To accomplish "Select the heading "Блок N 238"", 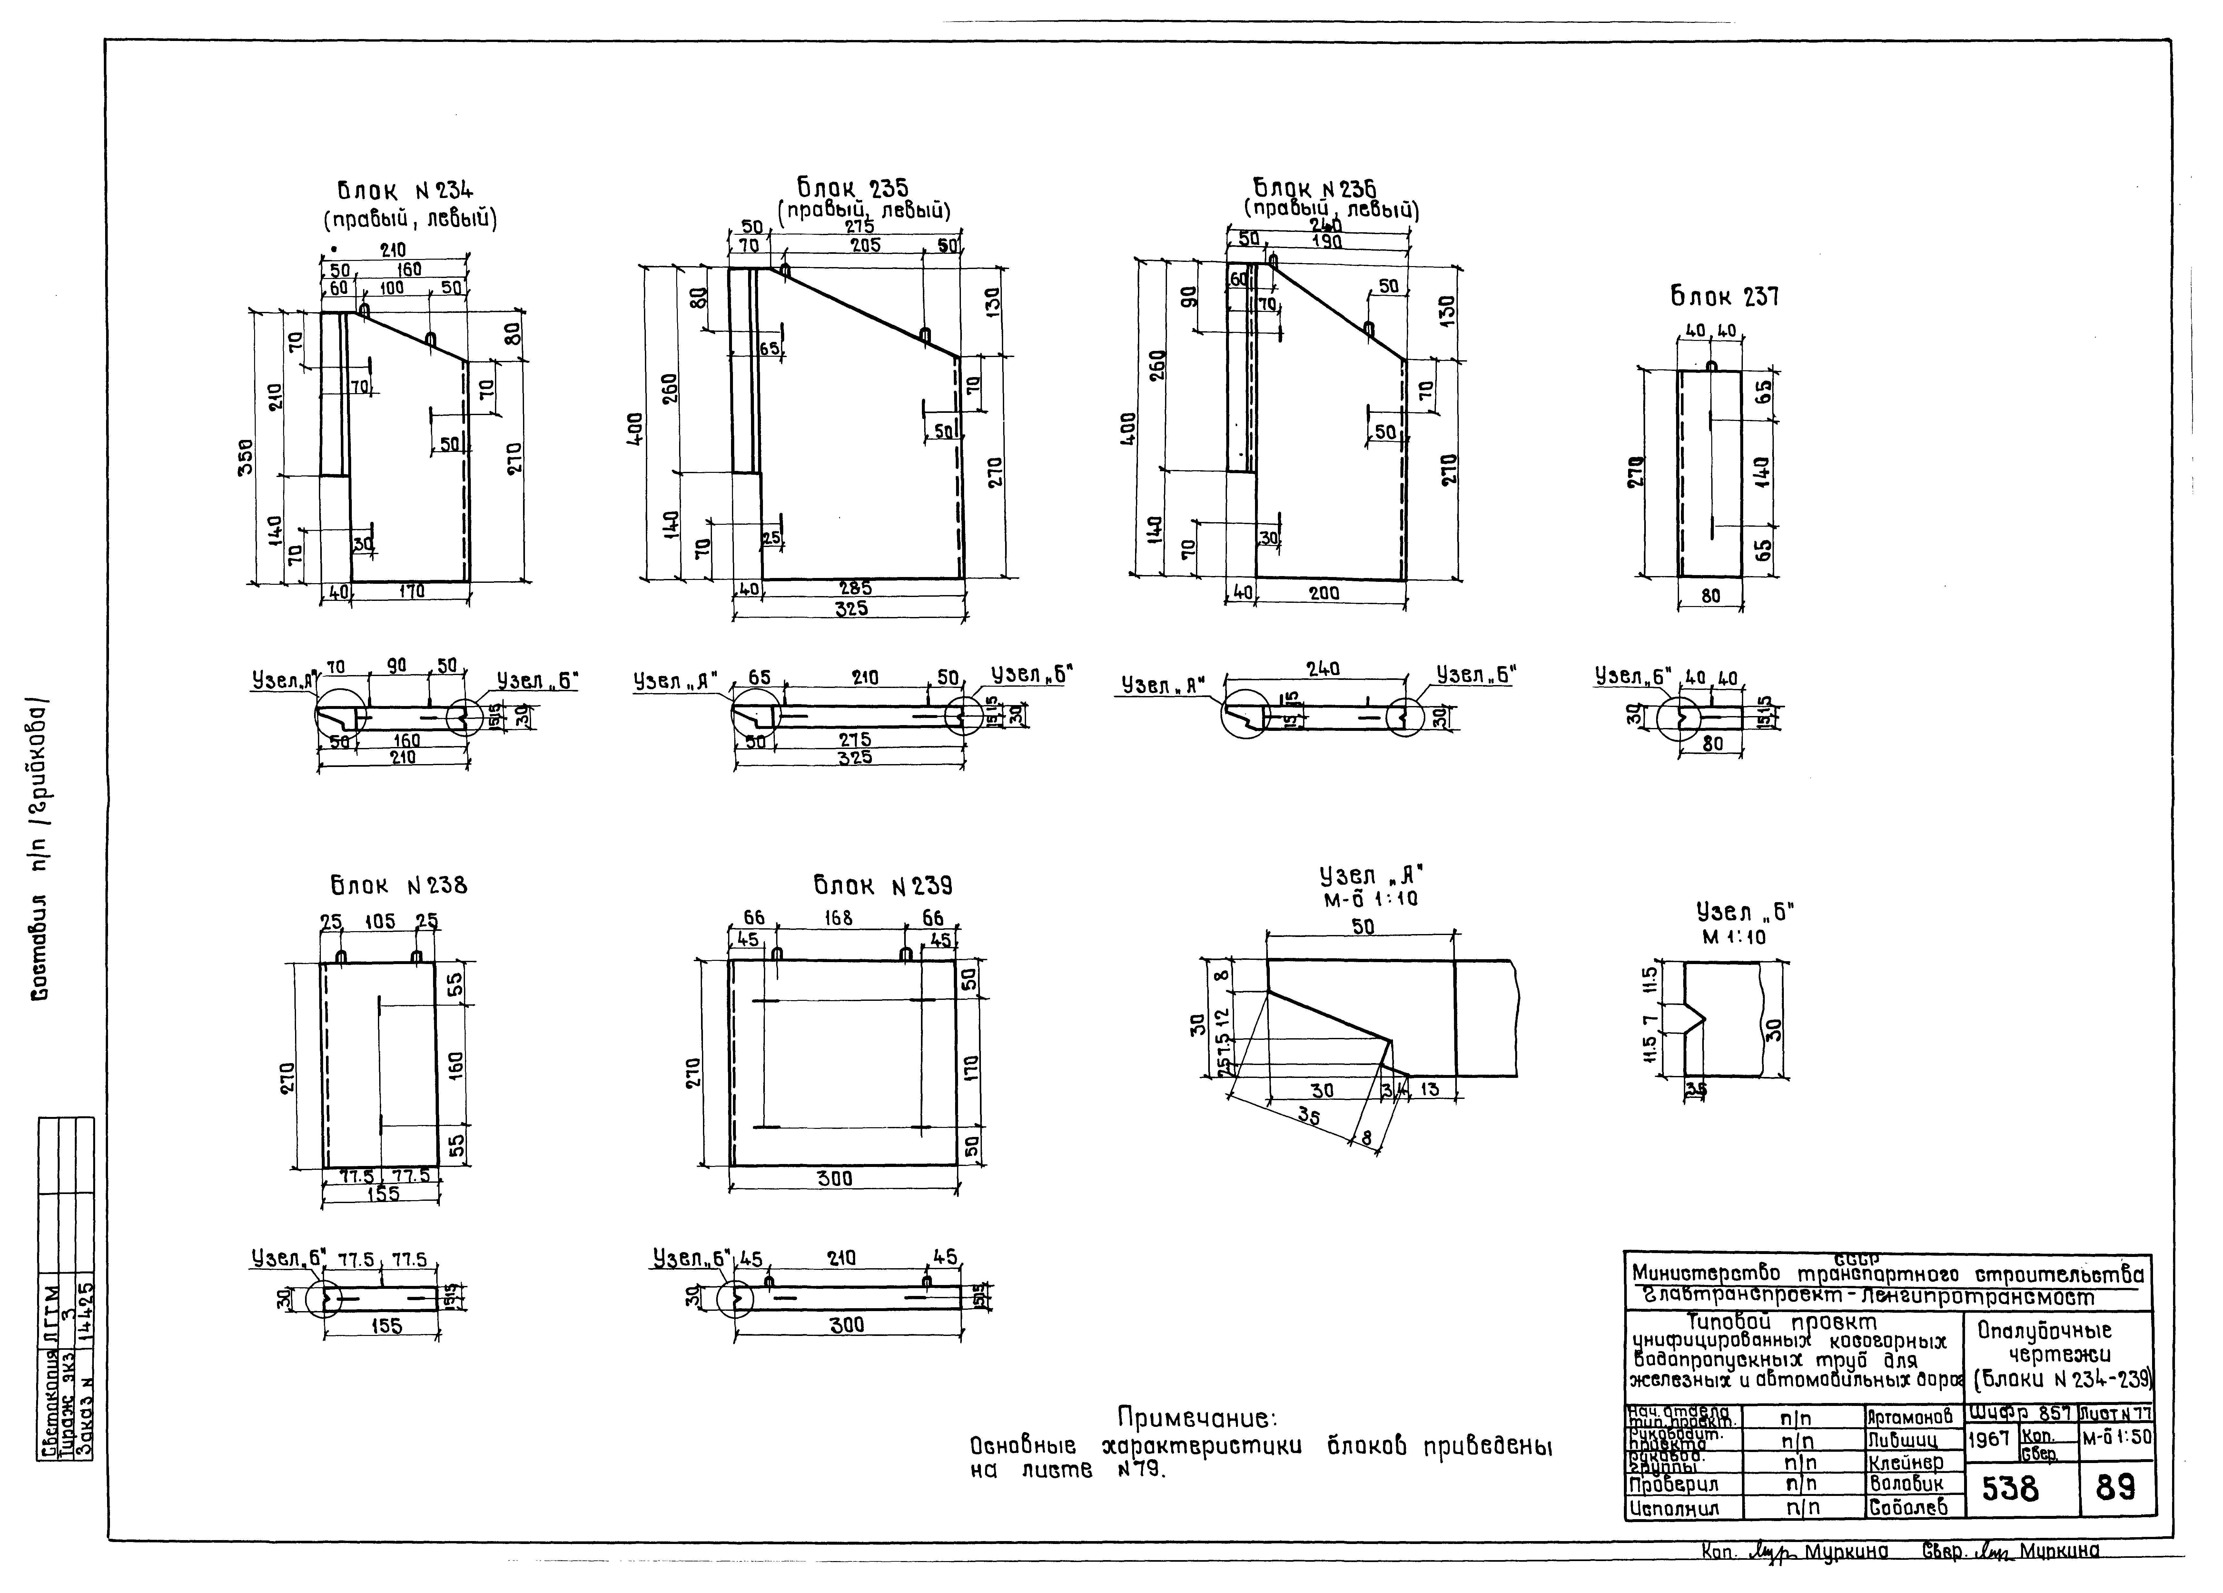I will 398,886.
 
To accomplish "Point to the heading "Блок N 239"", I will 882,886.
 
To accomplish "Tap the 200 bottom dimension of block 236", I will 1324,593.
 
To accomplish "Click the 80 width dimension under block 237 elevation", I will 1710,595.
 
